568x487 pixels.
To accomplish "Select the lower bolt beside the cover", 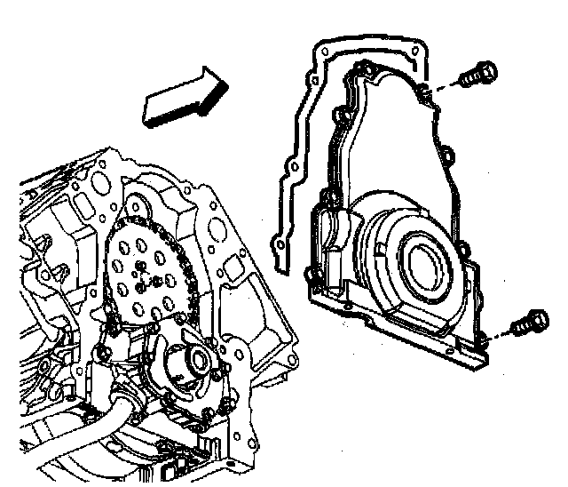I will coord(530,323).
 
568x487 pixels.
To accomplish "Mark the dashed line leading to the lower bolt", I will coord(501,334).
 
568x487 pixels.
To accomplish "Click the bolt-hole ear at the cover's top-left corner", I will coord(364,68).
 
